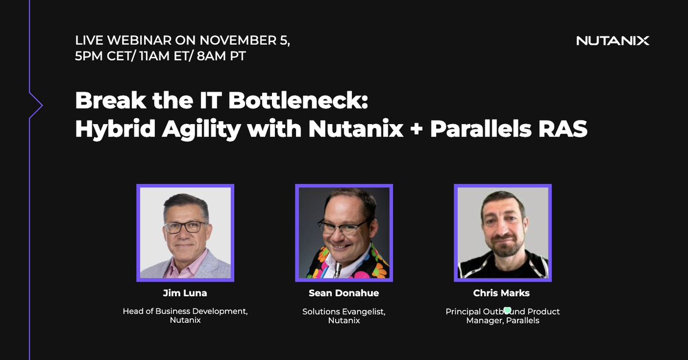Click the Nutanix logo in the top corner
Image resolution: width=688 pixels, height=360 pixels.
[612, 41]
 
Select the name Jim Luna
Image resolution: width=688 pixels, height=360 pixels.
[185, 293]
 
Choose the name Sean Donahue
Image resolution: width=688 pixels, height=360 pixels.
[344, 293]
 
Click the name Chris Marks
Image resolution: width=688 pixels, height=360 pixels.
[501, 293]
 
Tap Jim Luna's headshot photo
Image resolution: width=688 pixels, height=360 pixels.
[185, 233]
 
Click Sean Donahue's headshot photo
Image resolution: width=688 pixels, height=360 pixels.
[344, 233]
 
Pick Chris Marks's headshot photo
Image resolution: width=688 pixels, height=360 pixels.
[503, 233]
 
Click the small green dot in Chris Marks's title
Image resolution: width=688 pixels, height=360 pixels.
[507, 311]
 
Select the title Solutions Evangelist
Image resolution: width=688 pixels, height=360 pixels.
[344, 311]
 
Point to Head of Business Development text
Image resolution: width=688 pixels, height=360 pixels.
[185, 311]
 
